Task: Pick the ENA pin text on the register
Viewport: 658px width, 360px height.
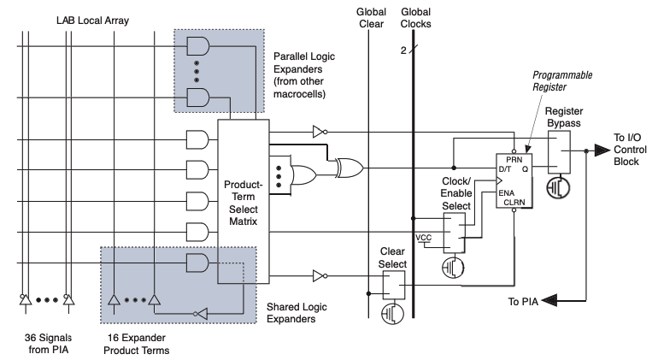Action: pyautogui.click(x=507, y=193)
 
